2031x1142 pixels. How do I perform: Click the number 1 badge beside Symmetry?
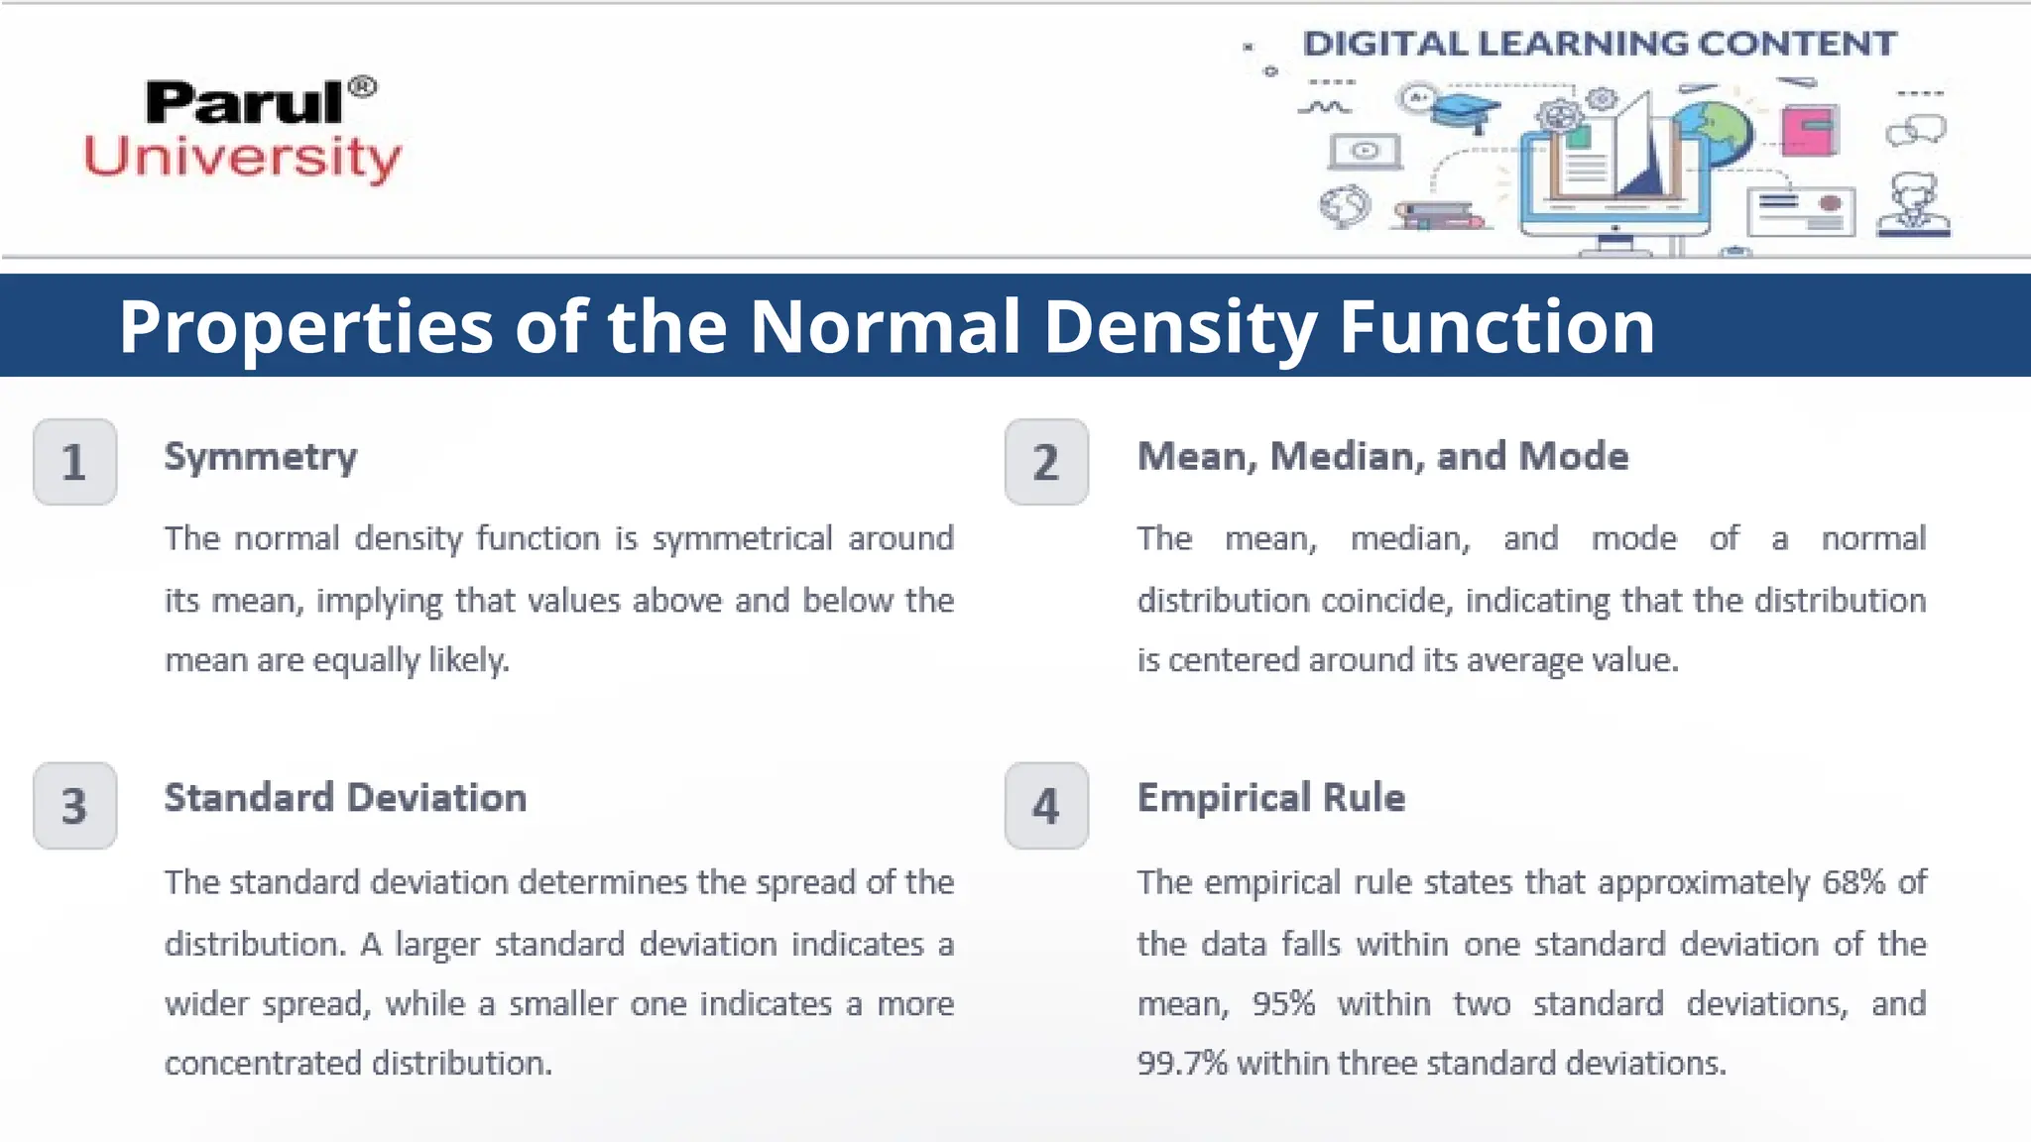[74, 462]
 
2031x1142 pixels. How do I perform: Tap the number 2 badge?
[1046, 462]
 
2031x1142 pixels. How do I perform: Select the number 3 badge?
[74, 806]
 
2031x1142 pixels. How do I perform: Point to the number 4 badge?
[1046, 806]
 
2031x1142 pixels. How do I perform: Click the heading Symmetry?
[261, 457]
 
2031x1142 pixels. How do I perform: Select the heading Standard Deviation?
[345, 798]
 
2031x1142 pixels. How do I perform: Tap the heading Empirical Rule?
[1270, 798]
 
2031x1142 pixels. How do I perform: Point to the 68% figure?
[1853, 882]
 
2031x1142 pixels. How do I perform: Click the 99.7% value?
[1182, 1064]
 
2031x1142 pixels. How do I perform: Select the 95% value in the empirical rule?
[1283, 1004]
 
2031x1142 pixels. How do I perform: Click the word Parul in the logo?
[245, 103]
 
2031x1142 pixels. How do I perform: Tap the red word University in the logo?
[243, 158]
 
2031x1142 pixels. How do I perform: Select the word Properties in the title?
[305, 326]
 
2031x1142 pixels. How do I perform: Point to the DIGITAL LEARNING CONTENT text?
[1599, 44]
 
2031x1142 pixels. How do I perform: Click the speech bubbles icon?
[1916, 130]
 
